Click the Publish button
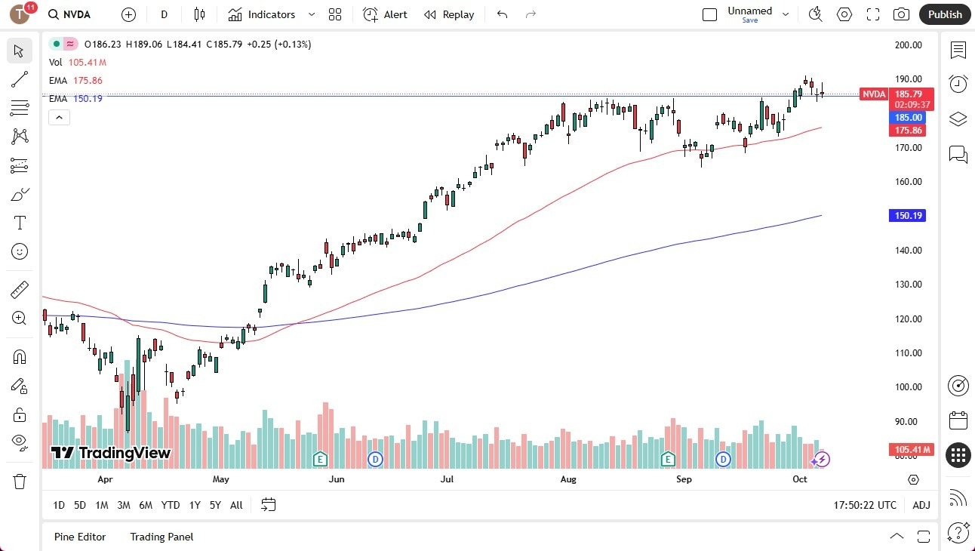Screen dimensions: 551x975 945,14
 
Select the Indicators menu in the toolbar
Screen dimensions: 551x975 271,14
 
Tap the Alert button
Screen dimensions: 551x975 386,14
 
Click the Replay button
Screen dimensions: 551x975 449,14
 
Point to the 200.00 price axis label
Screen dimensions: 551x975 908,45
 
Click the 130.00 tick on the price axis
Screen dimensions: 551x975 908,285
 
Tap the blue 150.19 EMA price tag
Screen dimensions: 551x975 908,216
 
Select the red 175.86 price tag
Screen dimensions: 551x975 909,131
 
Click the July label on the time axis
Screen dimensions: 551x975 447,479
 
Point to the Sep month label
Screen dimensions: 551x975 684,479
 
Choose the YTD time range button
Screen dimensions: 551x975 171,505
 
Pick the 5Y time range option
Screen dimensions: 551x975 215,505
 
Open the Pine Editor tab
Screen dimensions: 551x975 80,537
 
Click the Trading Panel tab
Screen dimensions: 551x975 161,537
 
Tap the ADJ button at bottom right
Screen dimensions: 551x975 921,505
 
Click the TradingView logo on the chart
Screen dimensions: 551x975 111,453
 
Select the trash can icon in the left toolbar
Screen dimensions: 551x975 20,482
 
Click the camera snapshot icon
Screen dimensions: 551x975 901,14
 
